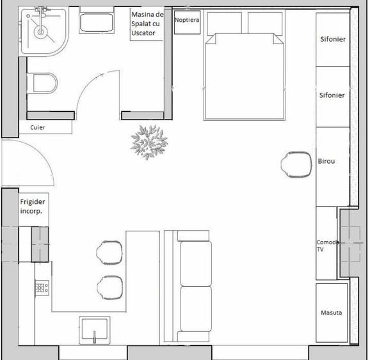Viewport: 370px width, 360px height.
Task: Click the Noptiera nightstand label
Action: (187, 20)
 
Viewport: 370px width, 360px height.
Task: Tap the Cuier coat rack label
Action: (38, 127)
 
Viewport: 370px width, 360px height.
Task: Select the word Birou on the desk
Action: (326, 161)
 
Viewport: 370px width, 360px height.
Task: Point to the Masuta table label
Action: (332, 313)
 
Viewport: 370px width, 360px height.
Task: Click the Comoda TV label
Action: (328, 246)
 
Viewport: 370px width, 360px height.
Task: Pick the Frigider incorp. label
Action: (33, 207)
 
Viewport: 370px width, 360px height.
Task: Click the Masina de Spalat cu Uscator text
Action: (147, 24)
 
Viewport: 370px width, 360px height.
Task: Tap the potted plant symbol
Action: (149, 142)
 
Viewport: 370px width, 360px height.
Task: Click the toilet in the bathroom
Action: (42, 83)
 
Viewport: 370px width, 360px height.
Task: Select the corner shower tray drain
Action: (41, 31)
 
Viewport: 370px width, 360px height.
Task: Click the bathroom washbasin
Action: (97, 22)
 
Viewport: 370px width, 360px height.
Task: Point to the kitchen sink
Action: (94, 331)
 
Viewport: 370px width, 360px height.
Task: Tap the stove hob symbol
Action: (42, 288)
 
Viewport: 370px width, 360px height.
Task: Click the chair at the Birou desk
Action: (296, 164)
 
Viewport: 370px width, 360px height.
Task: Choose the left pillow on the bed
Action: (224, 24)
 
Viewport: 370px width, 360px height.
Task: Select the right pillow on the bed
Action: (265, 24)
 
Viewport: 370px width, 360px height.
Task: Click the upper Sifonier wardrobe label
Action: (333, 39)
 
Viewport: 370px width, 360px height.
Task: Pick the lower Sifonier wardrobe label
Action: (332, 95)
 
